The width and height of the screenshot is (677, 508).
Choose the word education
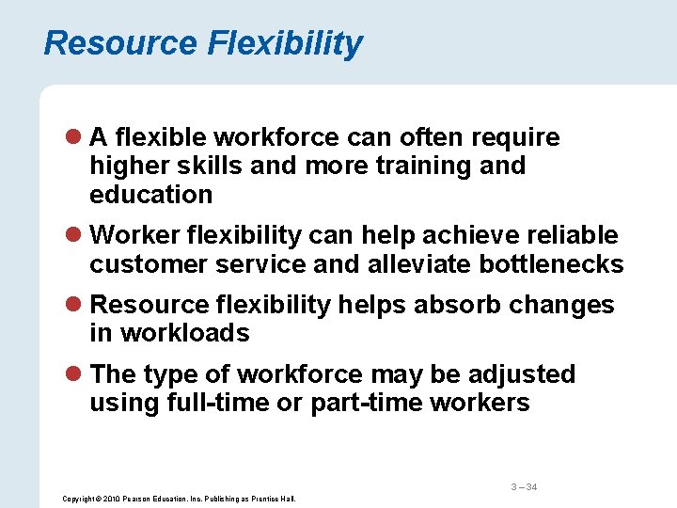tap(151, 195)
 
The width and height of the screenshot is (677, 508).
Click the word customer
tap(149, 264)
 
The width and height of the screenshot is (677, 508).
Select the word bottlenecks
tap(551, 264)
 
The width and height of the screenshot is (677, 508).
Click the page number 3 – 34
tap(524, 486)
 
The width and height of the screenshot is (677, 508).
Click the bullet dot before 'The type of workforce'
tap(77, 375)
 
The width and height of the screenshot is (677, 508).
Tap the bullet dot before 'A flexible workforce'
tap(77, 138)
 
